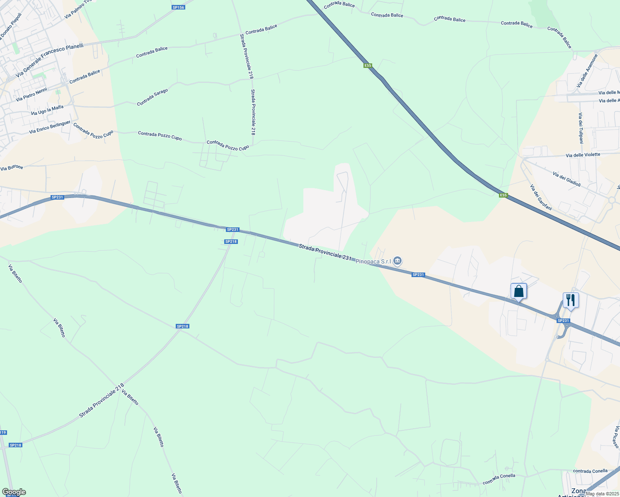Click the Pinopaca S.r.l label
(x=373, y=261)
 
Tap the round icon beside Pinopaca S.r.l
(x=398, y=261)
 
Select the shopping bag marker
(x=518, y=292)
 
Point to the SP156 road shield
(x=178, y=7)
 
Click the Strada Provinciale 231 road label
(x=325, y=252)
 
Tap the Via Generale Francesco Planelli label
(x=49, y=60)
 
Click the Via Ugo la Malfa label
(x=47, y=110)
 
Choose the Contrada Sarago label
(x=153, y=97)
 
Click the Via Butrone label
(x=12, y=168)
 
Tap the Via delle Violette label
(x=583, y=155)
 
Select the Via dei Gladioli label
(x=567, y=179)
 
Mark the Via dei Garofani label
(x=541, y=197)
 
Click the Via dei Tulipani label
(x=581, y=128)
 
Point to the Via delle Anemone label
(x=587, y=71)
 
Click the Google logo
(x=14, y=492)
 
